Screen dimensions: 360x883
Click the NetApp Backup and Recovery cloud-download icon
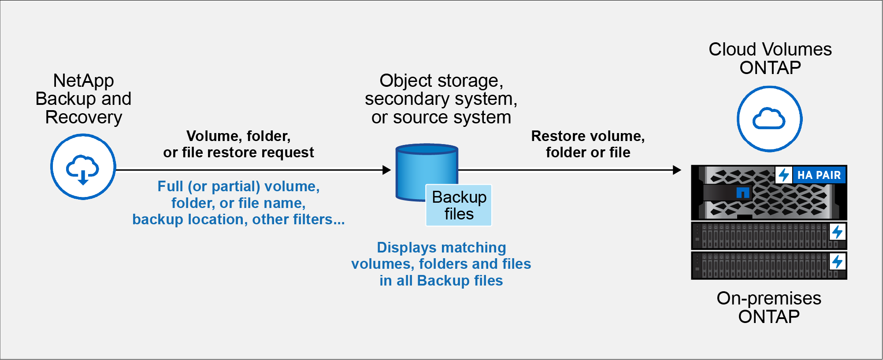coord(83,167)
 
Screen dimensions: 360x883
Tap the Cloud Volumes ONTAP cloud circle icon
coord(769,119)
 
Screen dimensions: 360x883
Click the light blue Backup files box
coord(459,205)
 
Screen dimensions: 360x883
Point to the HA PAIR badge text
coord(819,175)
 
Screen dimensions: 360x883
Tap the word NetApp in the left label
coord(83,81)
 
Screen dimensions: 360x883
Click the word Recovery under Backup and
coord(83,117)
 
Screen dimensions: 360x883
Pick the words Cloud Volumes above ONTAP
coord(770,49)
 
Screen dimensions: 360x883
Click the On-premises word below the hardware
coord(768,298)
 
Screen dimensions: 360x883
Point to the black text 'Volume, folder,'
coord(238,136)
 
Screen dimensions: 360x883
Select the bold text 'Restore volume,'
coord(588,136)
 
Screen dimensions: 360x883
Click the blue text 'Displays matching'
coord(441,248)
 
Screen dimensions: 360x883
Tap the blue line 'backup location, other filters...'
coord(238,219)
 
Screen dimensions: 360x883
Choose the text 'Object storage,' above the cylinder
coord(441,81)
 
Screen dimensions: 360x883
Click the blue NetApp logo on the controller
coord(743,193)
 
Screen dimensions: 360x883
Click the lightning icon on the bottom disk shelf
coord(837,262)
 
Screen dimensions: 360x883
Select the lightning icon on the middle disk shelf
coord(837,232)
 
